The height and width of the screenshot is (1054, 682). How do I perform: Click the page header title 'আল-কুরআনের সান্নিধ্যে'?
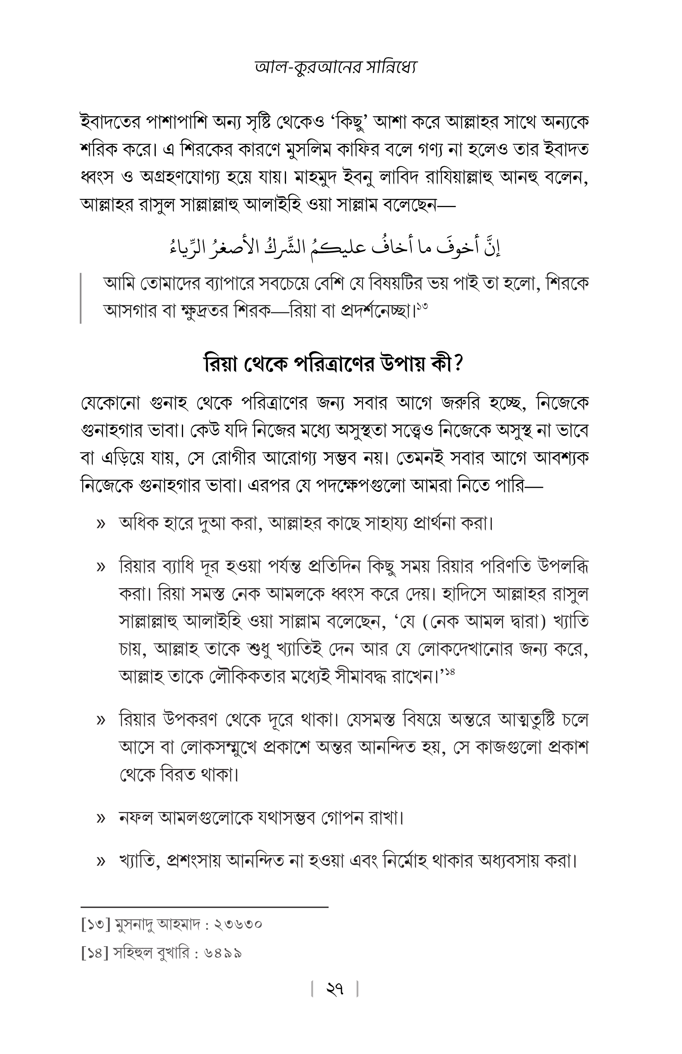click(336, 67)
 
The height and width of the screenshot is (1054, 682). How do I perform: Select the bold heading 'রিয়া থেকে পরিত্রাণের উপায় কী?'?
click(333, 364)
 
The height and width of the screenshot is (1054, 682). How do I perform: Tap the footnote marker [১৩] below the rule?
click(95, 925)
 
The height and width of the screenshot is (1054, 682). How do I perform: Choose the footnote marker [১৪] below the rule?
click(95, 953)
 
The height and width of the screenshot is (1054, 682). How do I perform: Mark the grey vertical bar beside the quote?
click(81, 298)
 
